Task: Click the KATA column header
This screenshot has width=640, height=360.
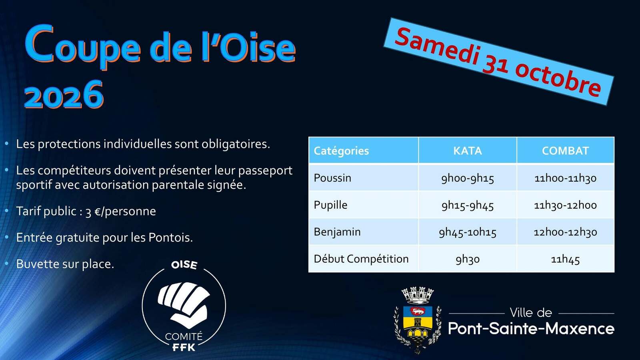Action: tap(468, 150)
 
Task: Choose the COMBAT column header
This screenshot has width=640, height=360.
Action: tap(565, 150)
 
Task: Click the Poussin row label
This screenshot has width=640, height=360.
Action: tap(332, 178)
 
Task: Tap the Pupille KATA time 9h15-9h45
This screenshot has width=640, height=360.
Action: tap(468, 205)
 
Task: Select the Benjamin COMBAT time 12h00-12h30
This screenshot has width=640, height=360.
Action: tap(565, 232)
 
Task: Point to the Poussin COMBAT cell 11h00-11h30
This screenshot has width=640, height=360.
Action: tap(565, 178)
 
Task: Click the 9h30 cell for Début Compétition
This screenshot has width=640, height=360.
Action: tap(468, 259)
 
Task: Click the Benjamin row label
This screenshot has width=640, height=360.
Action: tap(337, 232)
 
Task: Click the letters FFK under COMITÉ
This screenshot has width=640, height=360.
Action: tap(184, 348)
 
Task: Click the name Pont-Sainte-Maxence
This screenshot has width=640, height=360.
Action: tap(531, 328)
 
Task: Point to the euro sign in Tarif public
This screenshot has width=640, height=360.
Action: tap(97, 212)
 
